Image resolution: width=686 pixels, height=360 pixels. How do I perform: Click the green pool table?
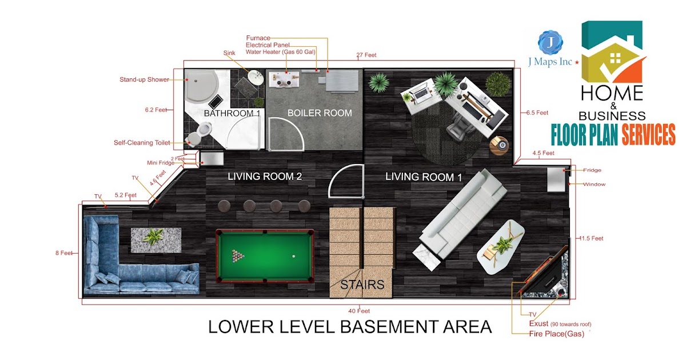265,256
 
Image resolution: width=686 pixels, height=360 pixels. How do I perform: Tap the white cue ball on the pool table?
294,256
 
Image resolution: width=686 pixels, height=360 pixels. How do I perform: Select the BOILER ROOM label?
320,113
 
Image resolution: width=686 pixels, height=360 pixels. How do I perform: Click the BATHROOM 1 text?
232,113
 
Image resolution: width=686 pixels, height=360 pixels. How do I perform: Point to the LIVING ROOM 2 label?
265,177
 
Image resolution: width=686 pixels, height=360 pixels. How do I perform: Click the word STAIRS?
362,285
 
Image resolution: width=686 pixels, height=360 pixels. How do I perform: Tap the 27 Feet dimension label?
366,55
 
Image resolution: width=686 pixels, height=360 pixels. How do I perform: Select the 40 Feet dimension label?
359,311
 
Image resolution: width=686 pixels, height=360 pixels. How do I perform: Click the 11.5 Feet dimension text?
591,238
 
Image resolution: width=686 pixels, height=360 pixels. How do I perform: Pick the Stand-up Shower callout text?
144,79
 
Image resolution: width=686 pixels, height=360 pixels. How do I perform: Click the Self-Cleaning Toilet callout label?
142,143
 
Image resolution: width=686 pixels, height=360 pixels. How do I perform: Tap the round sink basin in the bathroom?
256,78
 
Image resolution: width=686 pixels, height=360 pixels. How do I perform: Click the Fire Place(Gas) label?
556,334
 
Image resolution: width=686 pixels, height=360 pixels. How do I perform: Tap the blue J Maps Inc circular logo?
551,42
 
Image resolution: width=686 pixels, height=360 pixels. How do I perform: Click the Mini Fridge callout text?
161,163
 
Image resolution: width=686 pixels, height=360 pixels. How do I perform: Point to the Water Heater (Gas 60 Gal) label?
281,52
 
